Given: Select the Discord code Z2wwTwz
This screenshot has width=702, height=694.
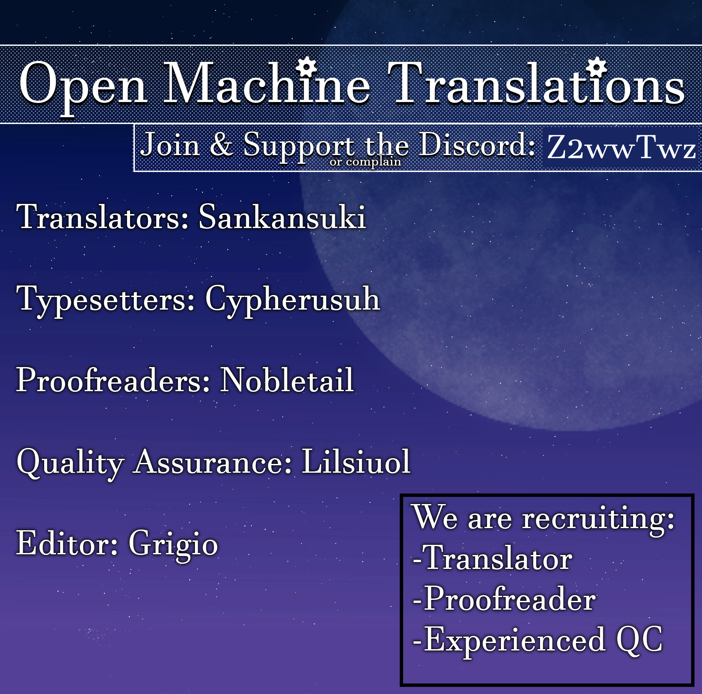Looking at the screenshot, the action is coord(621,148).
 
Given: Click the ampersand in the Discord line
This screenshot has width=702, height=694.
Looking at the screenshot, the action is coord(221,145).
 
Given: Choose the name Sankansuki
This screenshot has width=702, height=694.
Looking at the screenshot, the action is coord(282,217).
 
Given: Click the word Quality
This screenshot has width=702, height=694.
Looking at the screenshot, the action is coord(70,464).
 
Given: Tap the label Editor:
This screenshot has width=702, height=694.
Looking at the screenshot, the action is coord(67,543).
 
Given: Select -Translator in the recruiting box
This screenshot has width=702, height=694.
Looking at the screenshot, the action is coord(492,559).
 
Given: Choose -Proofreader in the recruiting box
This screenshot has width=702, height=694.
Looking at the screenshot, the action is coord(504,600).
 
